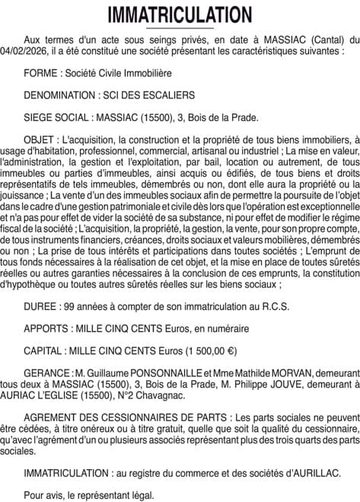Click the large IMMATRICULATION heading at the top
tap(180, 14)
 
